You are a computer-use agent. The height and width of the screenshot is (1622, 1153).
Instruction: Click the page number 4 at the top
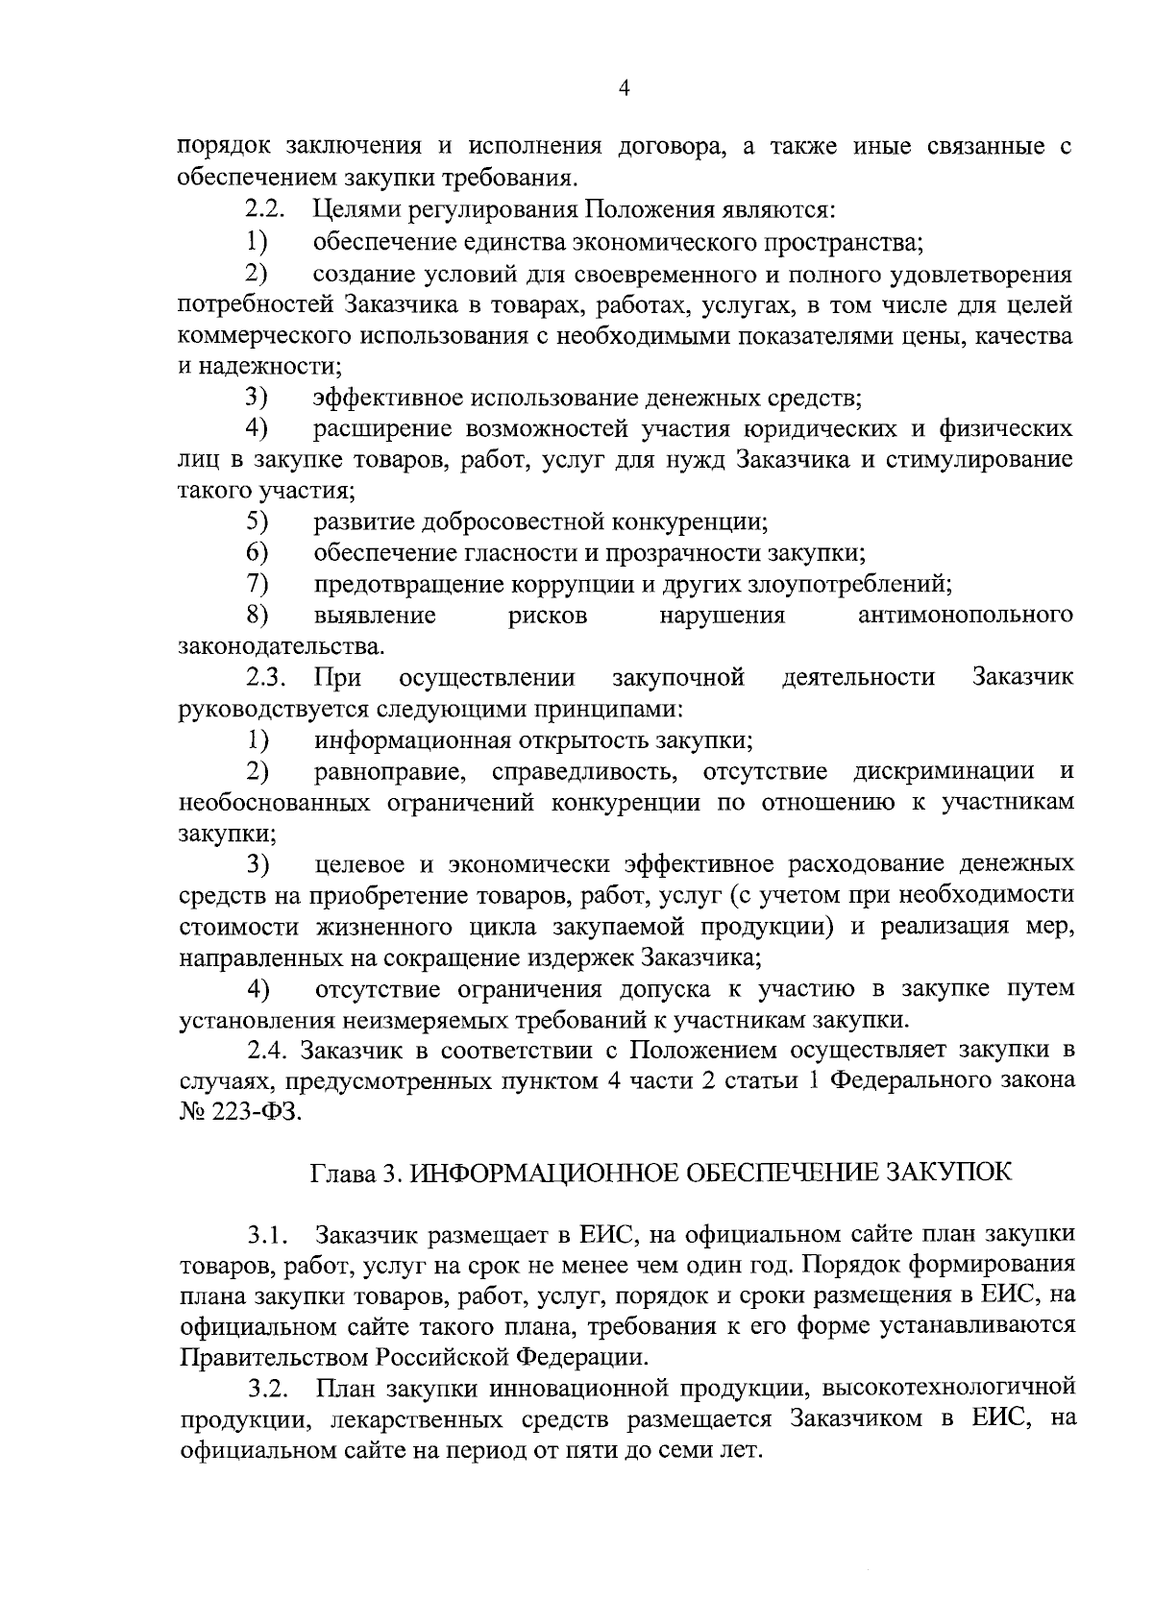[625, 89]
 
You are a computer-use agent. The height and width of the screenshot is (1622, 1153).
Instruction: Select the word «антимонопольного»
[965, 616]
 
